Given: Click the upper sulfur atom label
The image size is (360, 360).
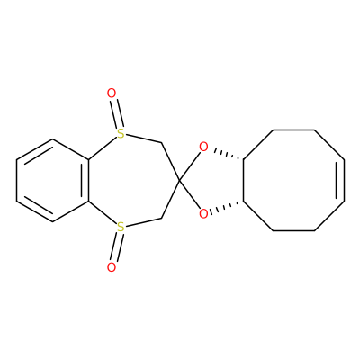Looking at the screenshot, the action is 121,134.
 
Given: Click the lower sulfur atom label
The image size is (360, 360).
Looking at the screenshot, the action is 121,227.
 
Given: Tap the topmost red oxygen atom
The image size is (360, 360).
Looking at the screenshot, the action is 112,94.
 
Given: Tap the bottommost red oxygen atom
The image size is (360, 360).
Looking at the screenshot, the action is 112,267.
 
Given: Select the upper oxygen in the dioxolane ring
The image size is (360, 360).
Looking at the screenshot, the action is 203,147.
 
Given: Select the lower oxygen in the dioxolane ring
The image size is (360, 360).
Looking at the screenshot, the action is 203,214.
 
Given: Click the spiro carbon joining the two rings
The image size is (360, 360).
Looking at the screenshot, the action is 179,181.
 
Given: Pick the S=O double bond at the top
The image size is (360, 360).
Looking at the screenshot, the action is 116,113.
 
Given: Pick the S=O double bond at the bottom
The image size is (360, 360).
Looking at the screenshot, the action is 116,247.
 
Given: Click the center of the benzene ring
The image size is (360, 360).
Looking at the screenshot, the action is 52,180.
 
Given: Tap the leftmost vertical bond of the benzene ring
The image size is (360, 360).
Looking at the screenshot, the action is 17,180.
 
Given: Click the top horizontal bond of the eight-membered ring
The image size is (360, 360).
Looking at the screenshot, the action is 293,130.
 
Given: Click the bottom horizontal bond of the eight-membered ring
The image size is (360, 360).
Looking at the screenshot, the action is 293,230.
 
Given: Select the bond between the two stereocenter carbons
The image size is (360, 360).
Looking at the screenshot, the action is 244,180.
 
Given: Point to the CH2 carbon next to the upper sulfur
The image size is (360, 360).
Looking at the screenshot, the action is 161,143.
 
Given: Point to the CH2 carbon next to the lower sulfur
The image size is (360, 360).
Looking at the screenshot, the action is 161,218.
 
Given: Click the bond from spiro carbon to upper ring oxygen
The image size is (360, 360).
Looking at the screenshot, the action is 190,166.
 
